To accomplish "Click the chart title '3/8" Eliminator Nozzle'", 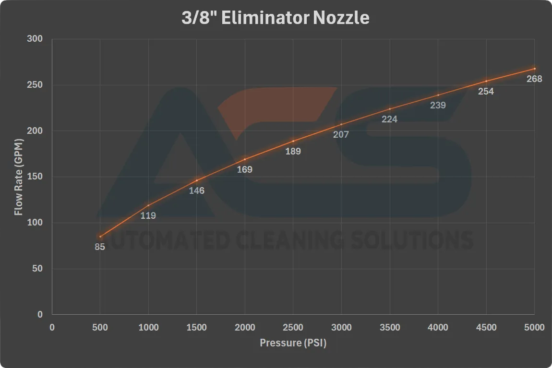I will pyautogui.click(x=276, y=18).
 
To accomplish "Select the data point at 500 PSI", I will pyautogui.click(x=100, y=237).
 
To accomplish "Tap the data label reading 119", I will pyautogui.click(x=148, y=216).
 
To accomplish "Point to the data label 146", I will pyautogui.click(x=196, y=191).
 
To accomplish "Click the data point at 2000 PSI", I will pyautogui.click(x=245, y=159).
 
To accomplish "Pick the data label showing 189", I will pyautogui.click(x=293, y=152).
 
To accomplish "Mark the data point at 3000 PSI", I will pyautogui.click(x=341, y=124).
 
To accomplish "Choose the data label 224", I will pyautogui.click(x=389, y=119).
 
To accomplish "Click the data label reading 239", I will pyautogui.click(x=438, y=105).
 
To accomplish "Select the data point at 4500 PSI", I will pyautogui.click(x=486, y=81).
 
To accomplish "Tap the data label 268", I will pyautogui.click(x=534, y=79).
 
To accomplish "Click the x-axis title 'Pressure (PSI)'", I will pyautogui.click(x=293, y=343).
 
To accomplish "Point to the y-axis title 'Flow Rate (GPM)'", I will pyautogui.click(x=19, y=177).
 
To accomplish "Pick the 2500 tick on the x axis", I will pyautogui.click(x=293, y=328).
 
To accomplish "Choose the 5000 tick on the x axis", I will pyautogui.click(x=534, y=328).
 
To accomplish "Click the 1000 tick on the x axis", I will pyautogui.click(x=148, y=328).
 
